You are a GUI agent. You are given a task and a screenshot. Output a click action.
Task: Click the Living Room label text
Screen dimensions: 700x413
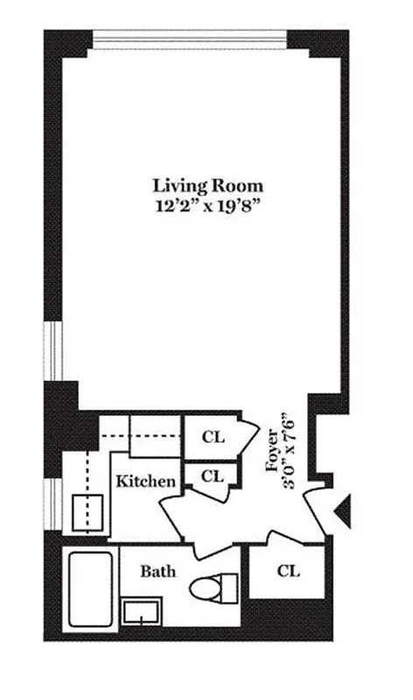click(207, 185)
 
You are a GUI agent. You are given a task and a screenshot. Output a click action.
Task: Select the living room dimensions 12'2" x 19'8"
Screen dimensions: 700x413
click(207, 207)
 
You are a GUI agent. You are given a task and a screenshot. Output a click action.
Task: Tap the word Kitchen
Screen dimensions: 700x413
click(146, 481)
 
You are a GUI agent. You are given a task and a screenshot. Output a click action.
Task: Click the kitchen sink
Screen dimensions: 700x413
click(90, 511)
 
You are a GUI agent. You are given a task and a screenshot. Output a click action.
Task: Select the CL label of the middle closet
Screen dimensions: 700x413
click(213, 477)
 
